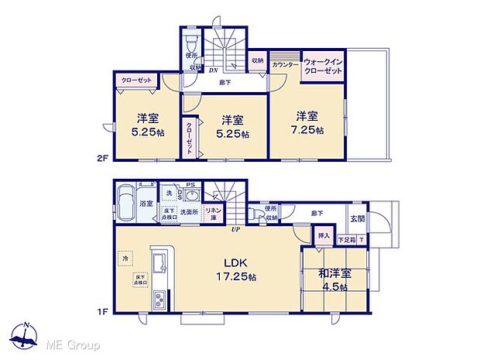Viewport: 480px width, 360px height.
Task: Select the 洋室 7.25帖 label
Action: point(305,122)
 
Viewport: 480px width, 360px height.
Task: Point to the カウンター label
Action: point(285,64)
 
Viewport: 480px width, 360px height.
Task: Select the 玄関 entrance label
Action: point(355,219)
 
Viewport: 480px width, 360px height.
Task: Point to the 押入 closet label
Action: point(324,235)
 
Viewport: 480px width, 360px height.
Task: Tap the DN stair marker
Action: point(212,70)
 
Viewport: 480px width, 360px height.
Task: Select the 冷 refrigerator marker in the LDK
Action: point(124,257)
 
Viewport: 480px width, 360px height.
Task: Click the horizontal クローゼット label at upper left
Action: point(135,80)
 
